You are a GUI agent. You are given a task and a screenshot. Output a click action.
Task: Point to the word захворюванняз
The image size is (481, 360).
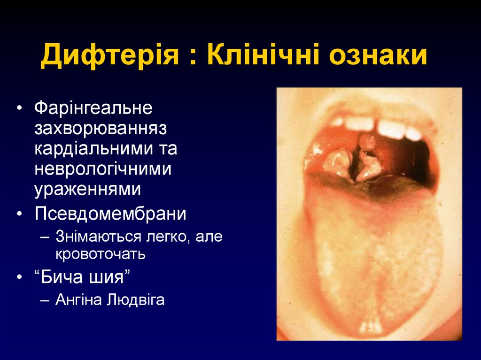coord(101,129)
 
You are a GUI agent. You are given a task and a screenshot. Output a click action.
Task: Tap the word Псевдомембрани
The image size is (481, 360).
coord(110,214)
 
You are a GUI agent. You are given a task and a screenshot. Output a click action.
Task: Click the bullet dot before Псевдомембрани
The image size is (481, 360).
coord(19,214)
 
